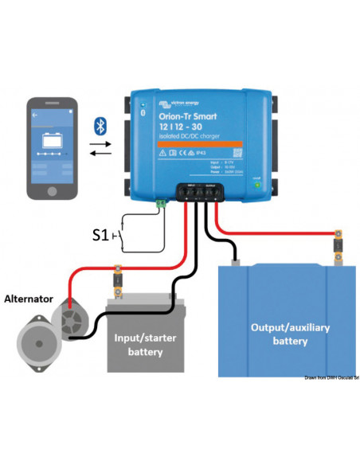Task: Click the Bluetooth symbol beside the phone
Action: (101, 126)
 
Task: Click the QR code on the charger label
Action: (235, 153)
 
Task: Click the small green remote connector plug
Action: (162, 204)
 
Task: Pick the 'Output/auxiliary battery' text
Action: (289, 334)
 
